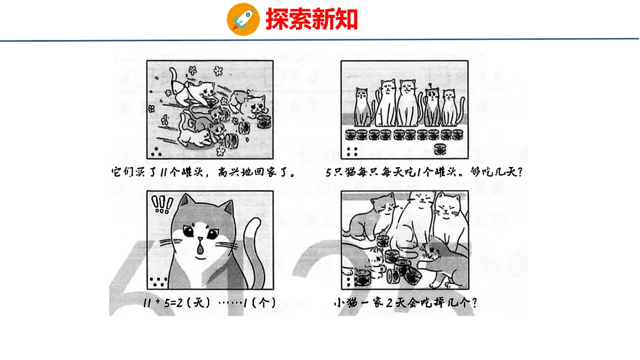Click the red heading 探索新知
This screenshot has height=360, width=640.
[x=311, y=19]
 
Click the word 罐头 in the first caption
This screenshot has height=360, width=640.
[x=193, y=173]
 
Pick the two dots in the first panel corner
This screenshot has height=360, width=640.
[x=156, y=154]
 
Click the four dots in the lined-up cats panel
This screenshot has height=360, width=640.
[x=351, y=151]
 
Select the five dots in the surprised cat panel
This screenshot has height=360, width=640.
[x=158, y=282]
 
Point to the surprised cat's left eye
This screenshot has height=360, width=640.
[x=187, y=232]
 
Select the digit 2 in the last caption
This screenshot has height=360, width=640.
[x=389, y=303]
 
